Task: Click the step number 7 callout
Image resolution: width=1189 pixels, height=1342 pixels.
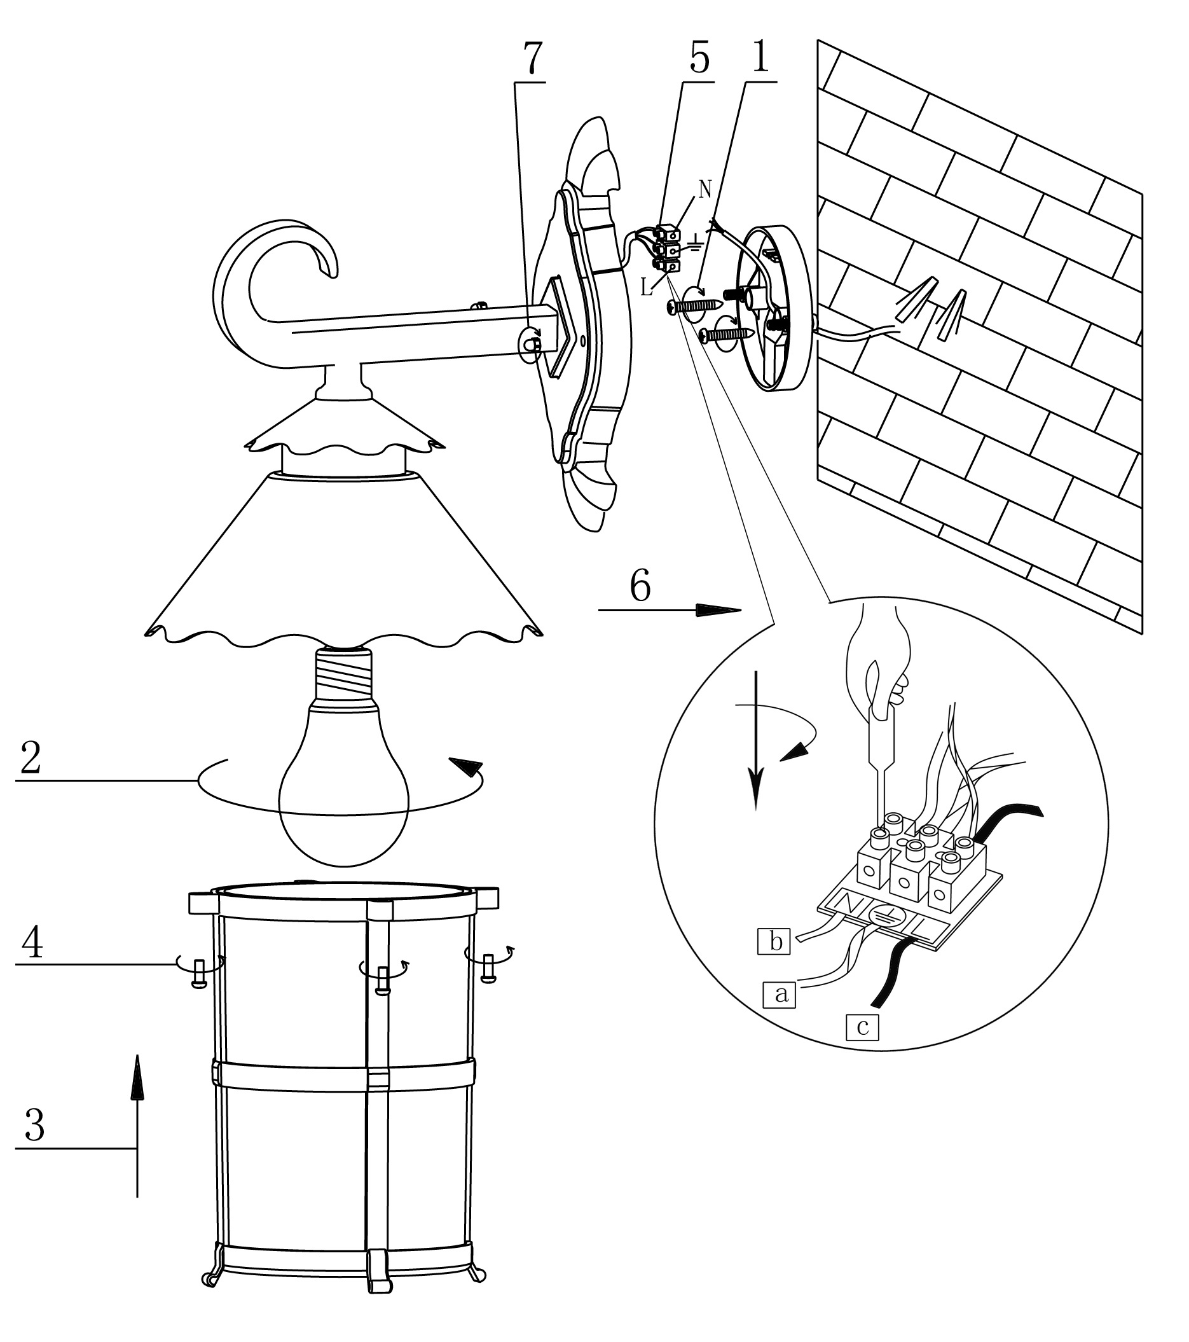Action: coord(532,59)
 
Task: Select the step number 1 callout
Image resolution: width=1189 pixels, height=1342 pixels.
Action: coord(760,57)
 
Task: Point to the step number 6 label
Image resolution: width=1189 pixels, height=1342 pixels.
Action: coord(640,586)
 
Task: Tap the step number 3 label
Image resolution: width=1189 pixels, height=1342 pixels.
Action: coord(34,1125)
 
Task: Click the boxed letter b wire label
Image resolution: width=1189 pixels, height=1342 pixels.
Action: coord(775,942)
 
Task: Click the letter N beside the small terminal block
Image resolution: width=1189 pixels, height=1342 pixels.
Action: coord(704,190)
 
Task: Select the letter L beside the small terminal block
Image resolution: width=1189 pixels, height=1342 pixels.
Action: coord(647,287)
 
